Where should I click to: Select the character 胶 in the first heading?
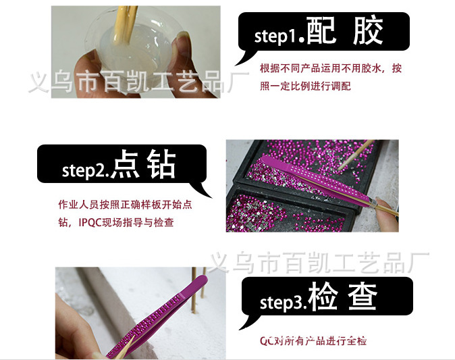point(368,32)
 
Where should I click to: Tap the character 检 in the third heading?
point(323,298)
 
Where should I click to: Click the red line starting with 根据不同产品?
point(331,69)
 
